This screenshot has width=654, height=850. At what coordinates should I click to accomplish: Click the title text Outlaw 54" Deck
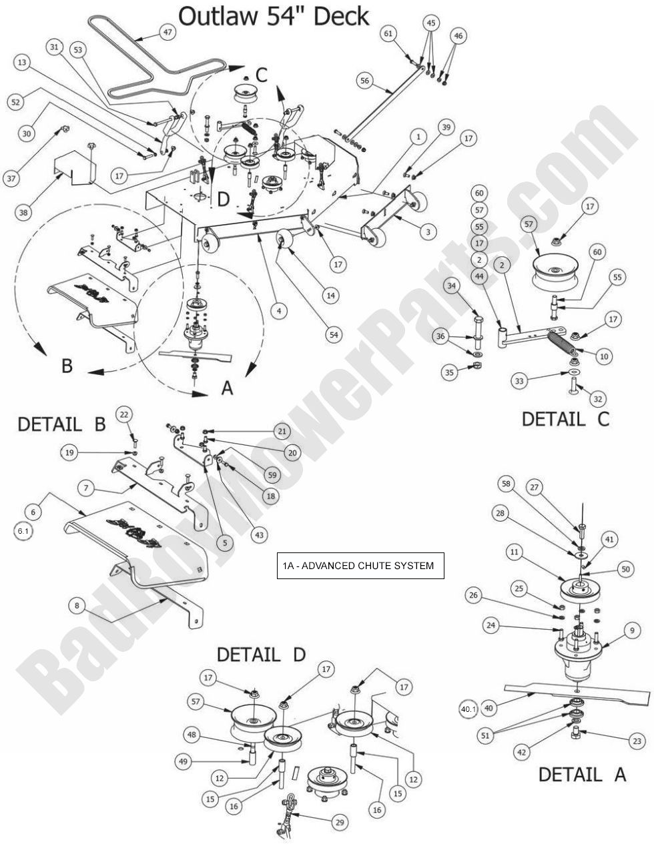tap(274, 16)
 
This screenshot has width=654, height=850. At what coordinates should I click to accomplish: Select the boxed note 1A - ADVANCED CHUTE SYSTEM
tap(360, 566)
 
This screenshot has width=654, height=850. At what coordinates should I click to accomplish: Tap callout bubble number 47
tap(166, 32)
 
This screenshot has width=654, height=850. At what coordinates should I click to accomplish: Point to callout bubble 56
tap(364, 81)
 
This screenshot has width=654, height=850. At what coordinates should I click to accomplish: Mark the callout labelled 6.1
tap(23, 531)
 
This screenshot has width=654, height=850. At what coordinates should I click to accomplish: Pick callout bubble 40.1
tap(469, 709)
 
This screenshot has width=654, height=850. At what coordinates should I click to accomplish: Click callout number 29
tap(340, 823)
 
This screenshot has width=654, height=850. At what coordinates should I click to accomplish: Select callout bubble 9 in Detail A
tap(632, 629)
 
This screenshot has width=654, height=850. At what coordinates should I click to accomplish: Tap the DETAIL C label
tap(565, 419)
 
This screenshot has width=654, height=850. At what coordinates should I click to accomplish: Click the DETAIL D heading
tap(261, 655)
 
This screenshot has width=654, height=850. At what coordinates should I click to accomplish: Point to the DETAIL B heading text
tap(61, 424)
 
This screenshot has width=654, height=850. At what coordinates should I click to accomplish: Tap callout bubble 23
tap(637, 741)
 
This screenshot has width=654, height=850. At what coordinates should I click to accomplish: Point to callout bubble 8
tap(77, 605)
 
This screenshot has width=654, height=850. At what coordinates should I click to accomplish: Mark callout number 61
tap(390, 33)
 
